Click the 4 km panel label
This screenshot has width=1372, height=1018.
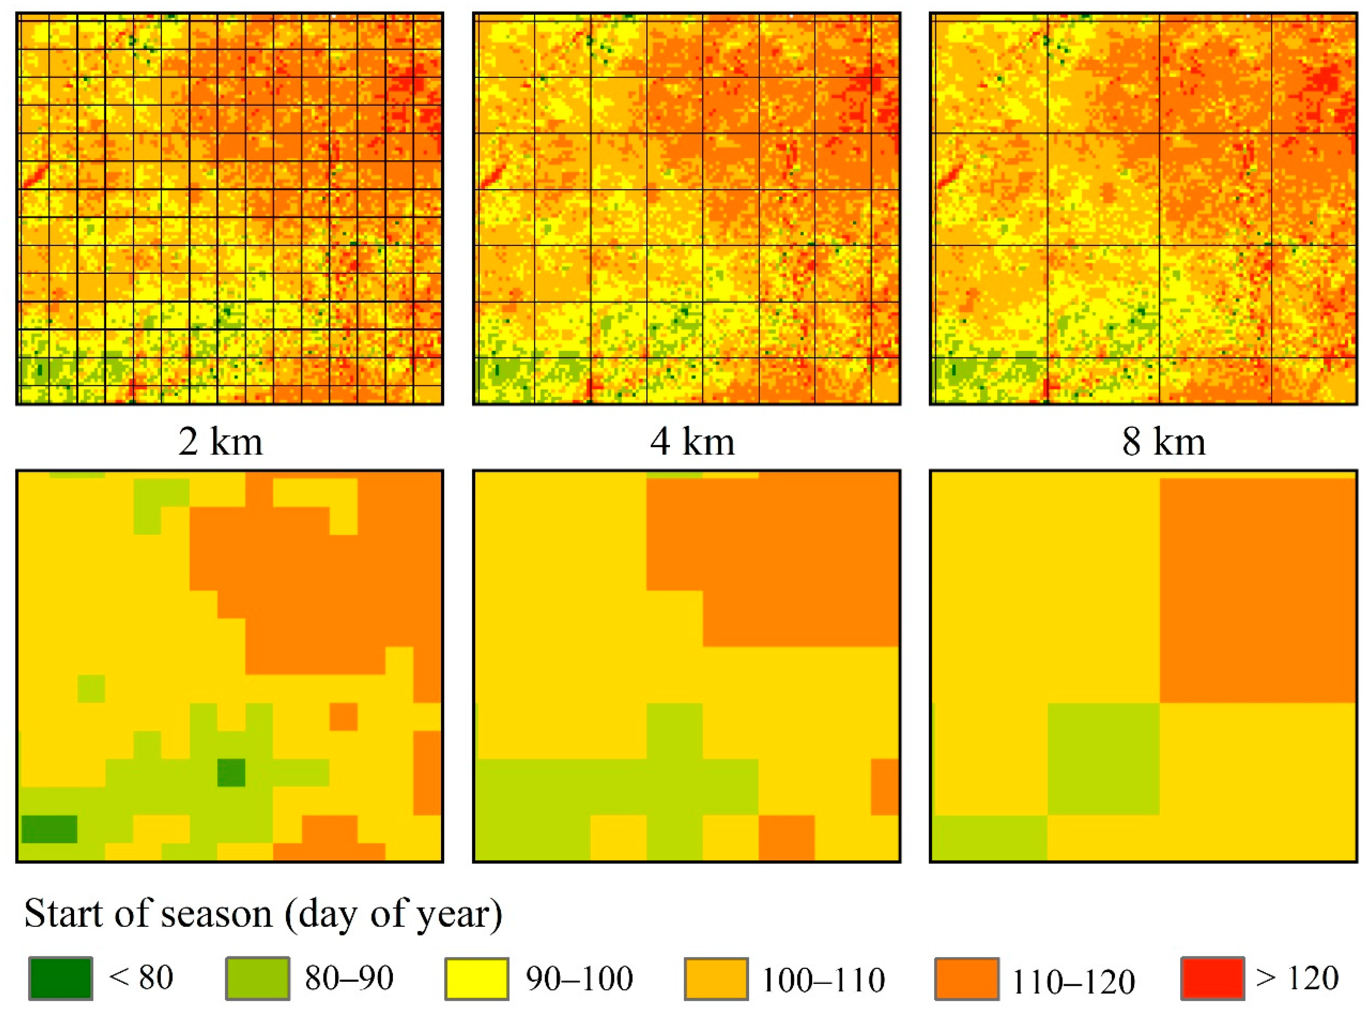coord(692,442)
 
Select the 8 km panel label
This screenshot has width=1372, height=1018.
coord(1163,442)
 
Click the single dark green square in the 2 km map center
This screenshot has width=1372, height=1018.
coord(231,773)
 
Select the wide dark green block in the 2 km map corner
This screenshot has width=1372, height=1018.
coord(49,829)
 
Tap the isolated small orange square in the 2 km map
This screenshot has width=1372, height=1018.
coord(343,716)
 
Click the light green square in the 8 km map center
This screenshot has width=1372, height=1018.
coord(1103,759)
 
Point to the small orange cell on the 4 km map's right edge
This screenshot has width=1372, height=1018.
coord(885,787)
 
